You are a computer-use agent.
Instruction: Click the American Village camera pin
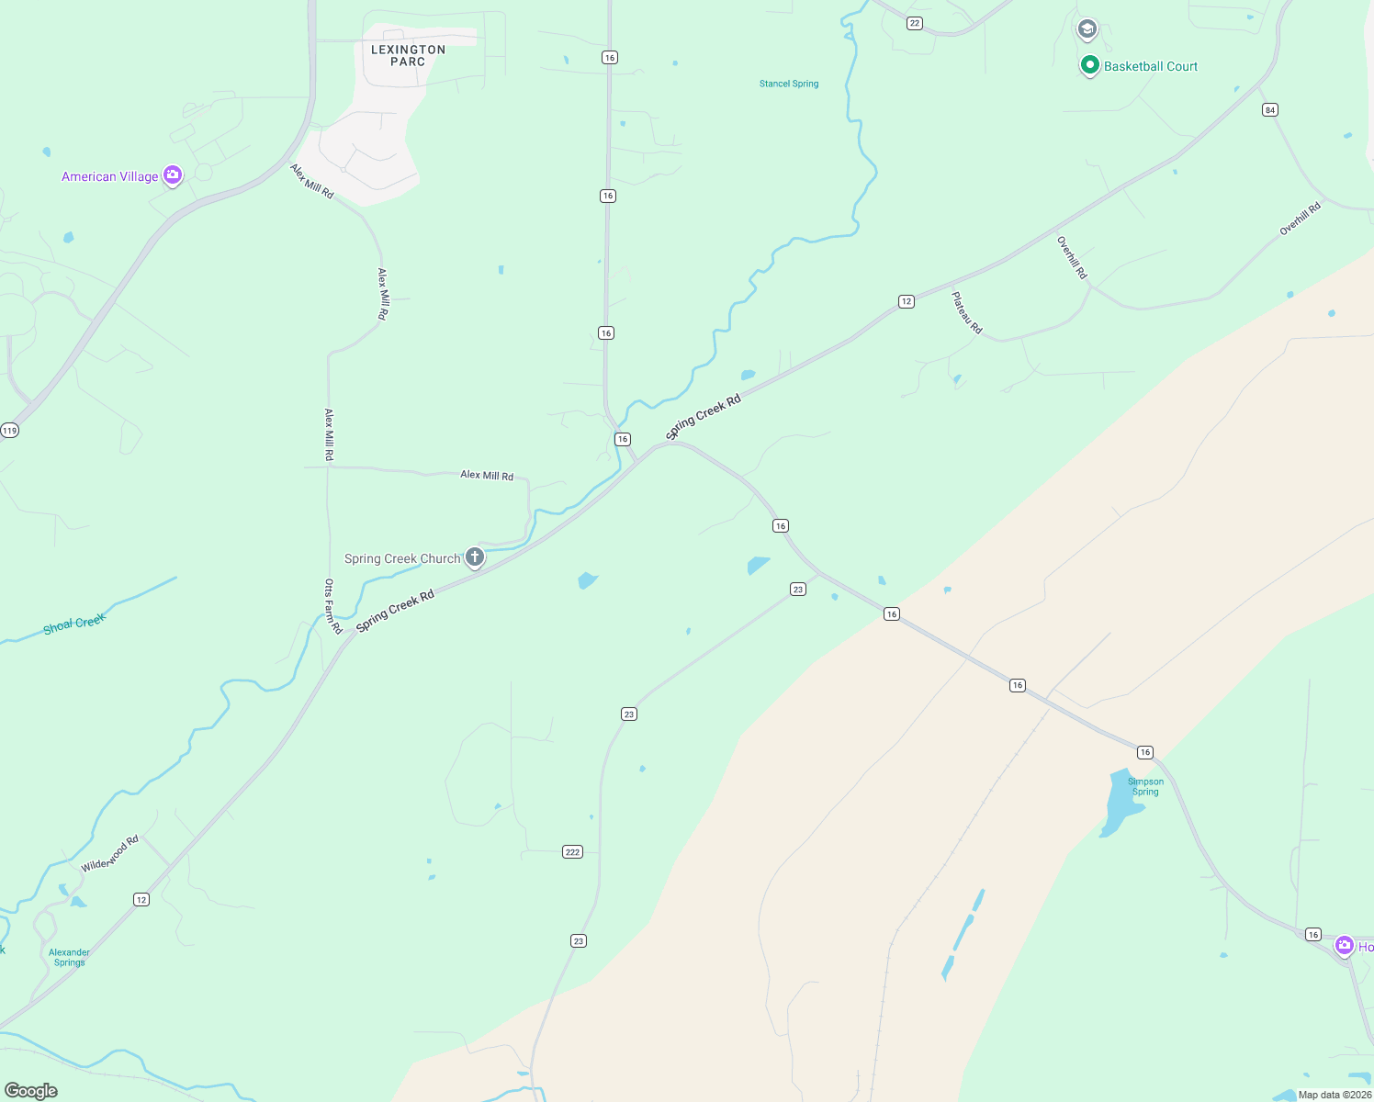click(x=172, y=175)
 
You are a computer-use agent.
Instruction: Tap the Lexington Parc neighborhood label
click(x=408, y=56)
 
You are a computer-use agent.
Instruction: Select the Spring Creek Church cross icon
click(x=475, y=557)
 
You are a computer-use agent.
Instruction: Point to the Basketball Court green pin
click(x=1089, y=65)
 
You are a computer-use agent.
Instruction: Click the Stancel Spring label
click(x=789, y=84)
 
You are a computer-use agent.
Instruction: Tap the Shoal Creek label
click(x=74, y=624)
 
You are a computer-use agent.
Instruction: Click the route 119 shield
click(x=9, y=430)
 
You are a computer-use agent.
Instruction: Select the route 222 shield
click(x=572, y=852)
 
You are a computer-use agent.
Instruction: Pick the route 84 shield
click(x=1270, y=110)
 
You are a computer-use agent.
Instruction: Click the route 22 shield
click(x=914, y=23)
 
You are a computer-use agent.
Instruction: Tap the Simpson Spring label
click(x=1145, y=787)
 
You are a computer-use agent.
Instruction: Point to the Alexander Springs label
click(x=69, y=958)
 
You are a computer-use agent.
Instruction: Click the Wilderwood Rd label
click(x=109, y=854)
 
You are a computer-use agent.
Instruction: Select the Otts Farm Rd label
click(x=332, y=606)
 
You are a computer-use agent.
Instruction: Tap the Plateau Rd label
click(x=966, y=313)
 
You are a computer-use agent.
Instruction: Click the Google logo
click(x=31, y=1091)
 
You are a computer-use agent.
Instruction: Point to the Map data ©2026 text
click(x=1335, y=1095)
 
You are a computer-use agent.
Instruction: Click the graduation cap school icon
click(x=1087, y=29)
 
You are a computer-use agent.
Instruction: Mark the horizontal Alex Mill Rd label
click(x=487, y=475)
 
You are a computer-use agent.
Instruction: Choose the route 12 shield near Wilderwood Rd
click(x=141, y=899)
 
